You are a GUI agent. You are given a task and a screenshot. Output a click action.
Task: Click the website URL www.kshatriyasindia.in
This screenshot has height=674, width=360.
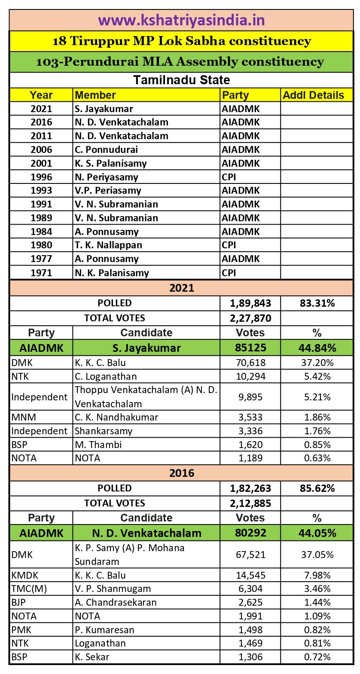point(181,20)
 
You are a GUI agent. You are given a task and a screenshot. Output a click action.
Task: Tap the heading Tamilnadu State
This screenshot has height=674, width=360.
point(181,80)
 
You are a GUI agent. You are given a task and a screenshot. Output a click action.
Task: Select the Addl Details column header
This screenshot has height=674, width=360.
point(313,95)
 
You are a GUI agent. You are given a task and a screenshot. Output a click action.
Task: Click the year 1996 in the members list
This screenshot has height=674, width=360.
point(41,177)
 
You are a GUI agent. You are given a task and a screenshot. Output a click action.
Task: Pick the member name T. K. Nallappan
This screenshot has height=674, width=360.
point(108,245)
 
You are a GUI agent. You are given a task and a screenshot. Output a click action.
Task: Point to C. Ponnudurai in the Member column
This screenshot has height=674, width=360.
point(106,149)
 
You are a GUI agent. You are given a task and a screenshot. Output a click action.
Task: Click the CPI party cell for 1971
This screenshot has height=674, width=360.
point(229,273)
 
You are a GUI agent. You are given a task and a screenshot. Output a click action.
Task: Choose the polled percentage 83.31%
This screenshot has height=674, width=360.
point(317,303)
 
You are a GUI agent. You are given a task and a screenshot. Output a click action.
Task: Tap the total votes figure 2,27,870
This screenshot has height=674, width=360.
point(250,318)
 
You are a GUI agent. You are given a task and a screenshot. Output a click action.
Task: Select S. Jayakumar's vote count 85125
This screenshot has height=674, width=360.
point(250,348)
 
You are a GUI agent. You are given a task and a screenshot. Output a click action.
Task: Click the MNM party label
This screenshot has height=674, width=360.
point(24,417)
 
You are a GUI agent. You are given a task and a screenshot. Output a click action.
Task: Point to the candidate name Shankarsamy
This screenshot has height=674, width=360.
point(104,431)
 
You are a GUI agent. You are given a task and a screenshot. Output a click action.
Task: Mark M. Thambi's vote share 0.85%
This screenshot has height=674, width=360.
point(317,445)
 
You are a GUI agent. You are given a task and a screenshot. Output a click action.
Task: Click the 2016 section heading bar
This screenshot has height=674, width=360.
point(181,473)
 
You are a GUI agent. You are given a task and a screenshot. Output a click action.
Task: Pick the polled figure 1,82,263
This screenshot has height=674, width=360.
point(250,488)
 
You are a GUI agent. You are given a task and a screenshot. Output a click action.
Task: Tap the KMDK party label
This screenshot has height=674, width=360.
point(25,575)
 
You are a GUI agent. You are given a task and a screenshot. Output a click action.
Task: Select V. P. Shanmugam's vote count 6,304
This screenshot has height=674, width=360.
point(250,589)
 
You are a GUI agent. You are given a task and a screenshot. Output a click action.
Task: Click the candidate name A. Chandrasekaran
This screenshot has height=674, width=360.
point(116,602)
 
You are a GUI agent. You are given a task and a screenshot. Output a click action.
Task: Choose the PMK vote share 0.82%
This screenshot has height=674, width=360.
point(317,630)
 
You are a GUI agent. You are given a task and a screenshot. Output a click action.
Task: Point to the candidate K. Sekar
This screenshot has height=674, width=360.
point(92,657)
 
